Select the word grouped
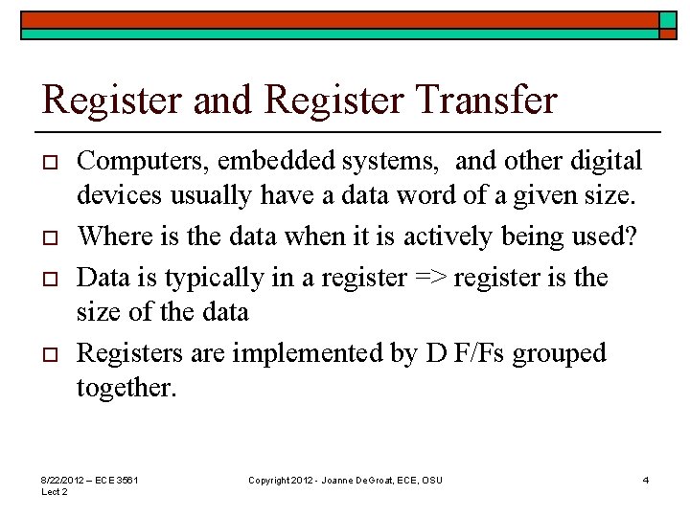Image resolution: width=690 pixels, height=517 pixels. coord(560,354)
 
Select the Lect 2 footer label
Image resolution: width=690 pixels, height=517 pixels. coord(54,491)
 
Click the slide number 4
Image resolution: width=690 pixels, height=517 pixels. coord(646,479)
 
